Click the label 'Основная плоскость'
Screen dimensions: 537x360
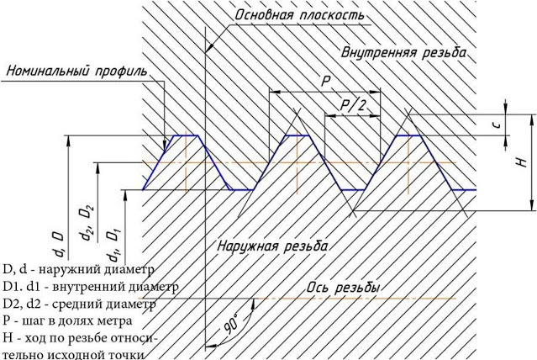pos(300,15)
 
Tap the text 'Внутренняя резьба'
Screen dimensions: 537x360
pos(403,53)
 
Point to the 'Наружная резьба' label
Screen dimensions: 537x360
pos(272,246)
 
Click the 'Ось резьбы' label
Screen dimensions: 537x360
pos(343,288)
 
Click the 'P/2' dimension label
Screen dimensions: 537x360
pos(353,105)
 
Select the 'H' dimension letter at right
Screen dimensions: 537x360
pos(521,161)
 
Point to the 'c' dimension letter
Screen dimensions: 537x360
pos(498,124)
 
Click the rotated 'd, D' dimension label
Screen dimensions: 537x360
pos(58,244)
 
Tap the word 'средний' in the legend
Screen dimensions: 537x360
pos(67,304)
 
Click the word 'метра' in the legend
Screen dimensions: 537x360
pos(116,321)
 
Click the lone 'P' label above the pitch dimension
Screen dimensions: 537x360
pos(325,82)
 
